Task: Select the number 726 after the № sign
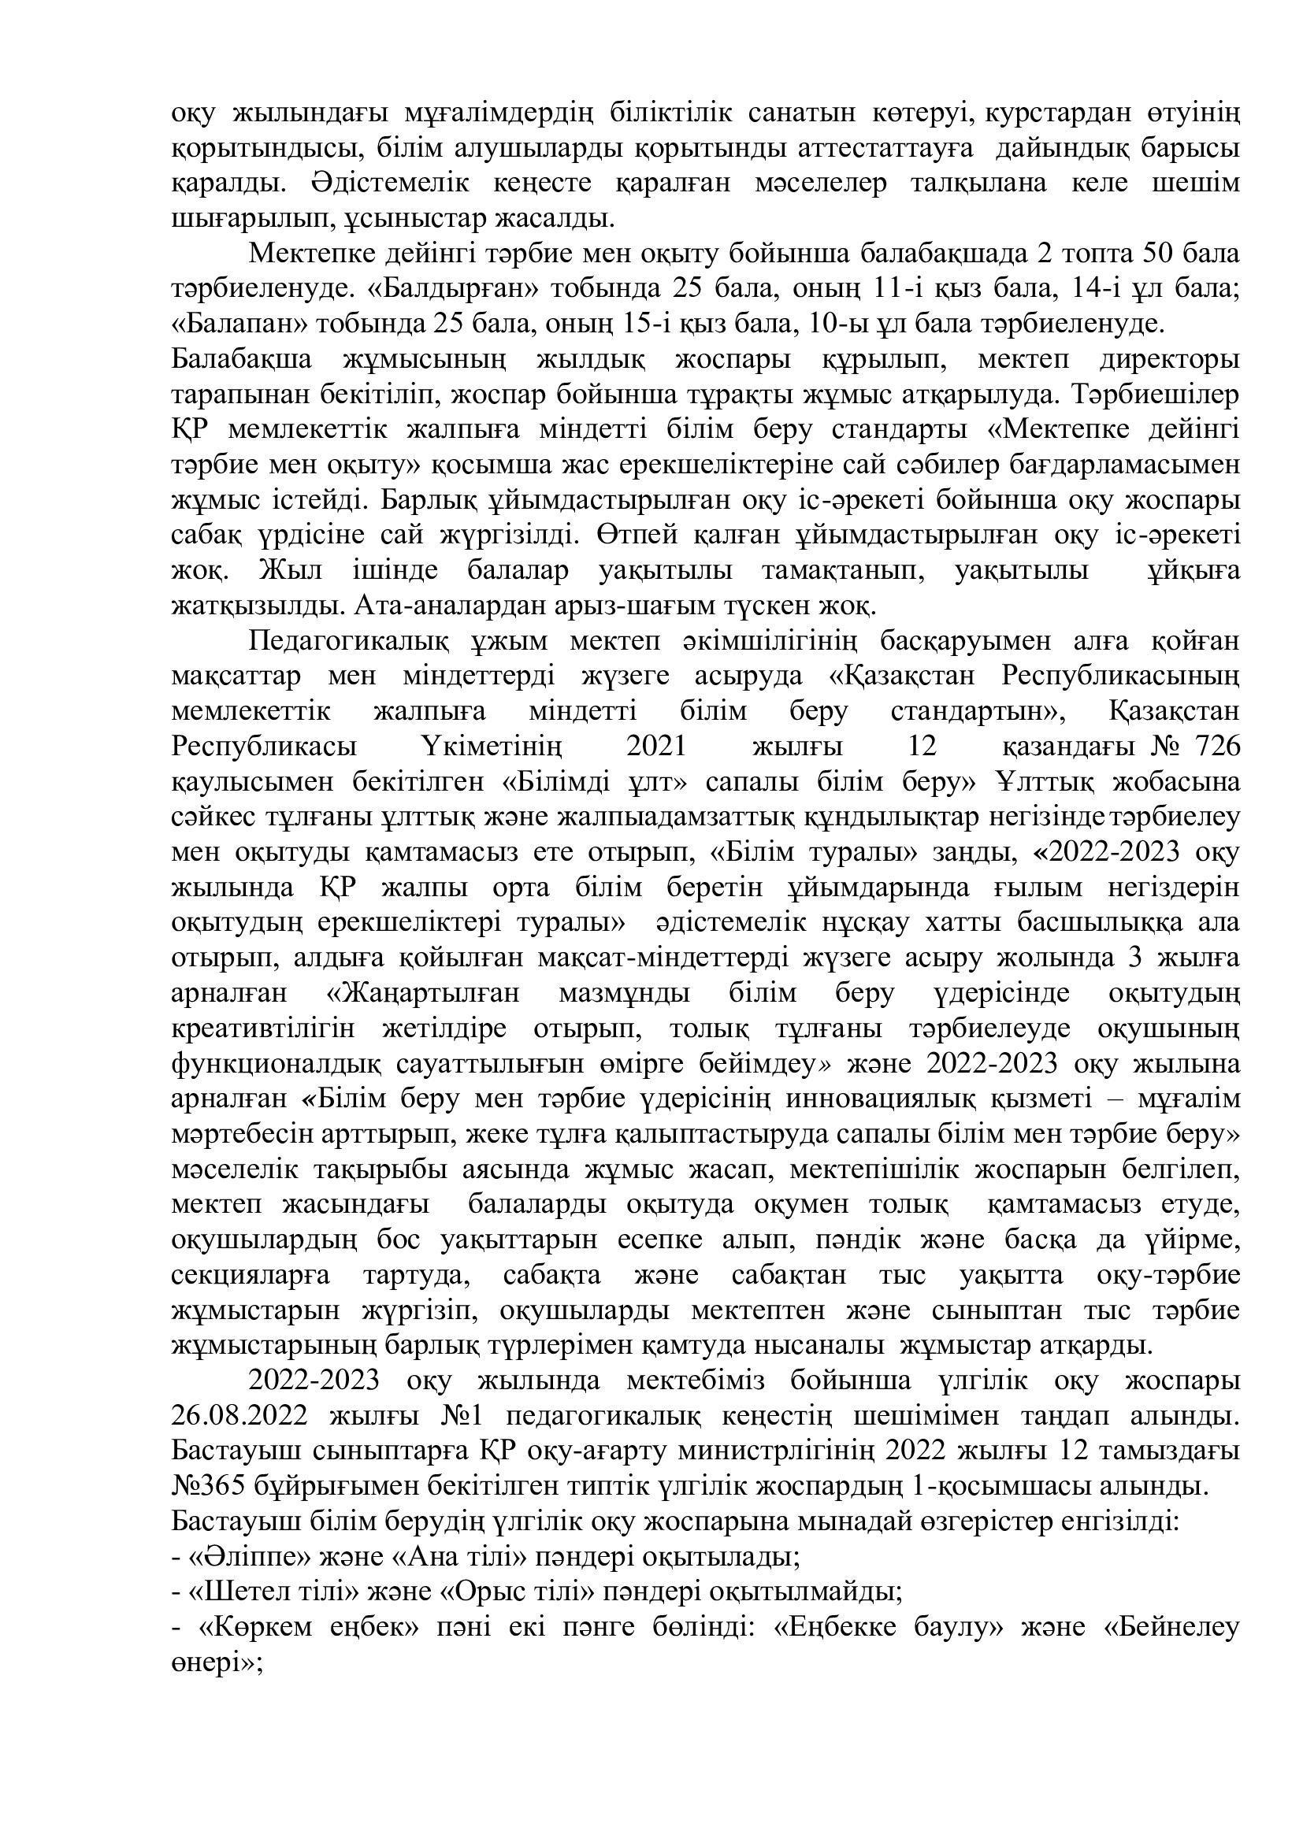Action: coord(1218,746)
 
